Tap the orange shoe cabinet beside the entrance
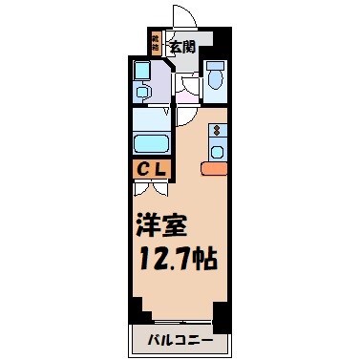pyautogui.click(x=156, y=42)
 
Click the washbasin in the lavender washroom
pyautogui.click(x=143, y=93)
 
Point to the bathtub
pyautogui.click(x=150, y=144)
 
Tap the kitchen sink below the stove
pyautogui.click(x=217, y=151)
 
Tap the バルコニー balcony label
pyautogui.click(x=179, y=340)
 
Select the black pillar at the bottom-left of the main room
pyautogui.click(x=138, y=309)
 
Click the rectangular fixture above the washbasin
pyautogui.click(x=141, y=71)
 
